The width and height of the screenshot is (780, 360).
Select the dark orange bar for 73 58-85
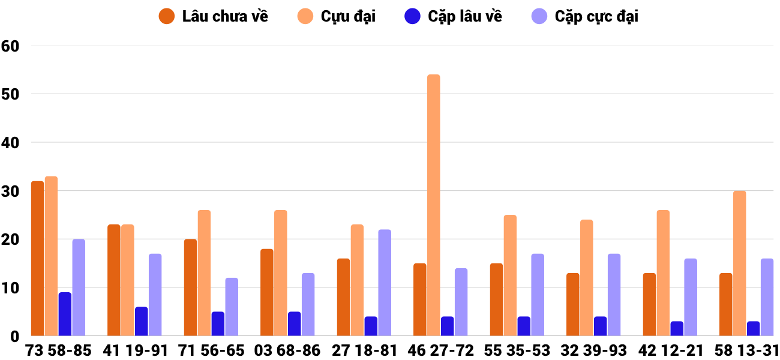point(37,259)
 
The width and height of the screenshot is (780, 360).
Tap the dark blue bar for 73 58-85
point(65,314)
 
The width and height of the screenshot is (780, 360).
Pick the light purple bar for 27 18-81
point(385,283)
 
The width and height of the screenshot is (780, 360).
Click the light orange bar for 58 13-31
point(739,263)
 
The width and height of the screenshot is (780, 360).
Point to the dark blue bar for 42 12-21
point(677,329)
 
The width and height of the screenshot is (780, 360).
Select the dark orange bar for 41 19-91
point(114,280)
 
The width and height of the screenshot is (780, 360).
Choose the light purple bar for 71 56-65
point(232,307)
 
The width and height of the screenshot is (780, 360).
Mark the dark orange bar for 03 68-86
point(267,292)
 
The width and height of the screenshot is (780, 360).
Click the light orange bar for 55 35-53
point(510,275)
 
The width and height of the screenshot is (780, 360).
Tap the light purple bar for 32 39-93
point(614,295)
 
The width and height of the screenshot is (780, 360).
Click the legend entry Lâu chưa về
point(213,16)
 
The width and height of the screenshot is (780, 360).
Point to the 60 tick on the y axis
point(10,46)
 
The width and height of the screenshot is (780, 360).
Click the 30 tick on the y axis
point(10,191)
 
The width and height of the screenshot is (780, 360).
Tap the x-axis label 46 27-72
point(440,350)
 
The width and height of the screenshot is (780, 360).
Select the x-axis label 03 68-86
point(287,350)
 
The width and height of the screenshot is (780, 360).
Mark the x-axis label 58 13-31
point(746,350)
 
